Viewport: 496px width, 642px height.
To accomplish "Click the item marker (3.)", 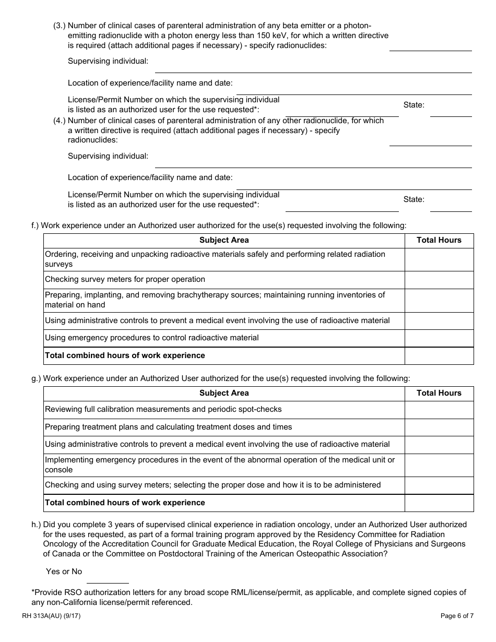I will point(60,26).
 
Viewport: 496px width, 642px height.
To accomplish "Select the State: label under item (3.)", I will point(414,105).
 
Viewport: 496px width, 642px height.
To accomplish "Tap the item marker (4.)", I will point(60,121).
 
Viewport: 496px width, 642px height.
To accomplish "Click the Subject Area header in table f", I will point(224,240).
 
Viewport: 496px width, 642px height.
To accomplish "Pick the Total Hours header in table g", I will point(439,393).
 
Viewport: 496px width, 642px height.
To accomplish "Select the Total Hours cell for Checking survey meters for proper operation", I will point(439,280).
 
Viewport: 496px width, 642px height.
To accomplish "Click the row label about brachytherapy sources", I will point(215,300).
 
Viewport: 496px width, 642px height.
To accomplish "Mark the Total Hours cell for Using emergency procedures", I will point(439,338).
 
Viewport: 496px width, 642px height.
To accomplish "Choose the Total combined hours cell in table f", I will point(439,355).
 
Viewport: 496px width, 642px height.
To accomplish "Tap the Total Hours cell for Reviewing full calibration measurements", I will point(439,410).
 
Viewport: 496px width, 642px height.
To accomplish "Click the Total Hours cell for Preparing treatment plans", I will point(439,427).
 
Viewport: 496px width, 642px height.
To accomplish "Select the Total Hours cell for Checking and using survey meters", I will point(439,485).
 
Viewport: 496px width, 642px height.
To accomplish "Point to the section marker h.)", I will point(36,525).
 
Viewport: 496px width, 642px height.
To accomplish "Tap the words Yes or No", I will point(64,572).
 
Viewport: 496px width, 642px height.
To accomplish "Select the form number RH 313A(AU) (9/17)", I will point(51,616).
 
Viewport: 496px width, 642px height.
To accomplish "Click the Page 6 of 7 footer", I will point(457,616).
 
